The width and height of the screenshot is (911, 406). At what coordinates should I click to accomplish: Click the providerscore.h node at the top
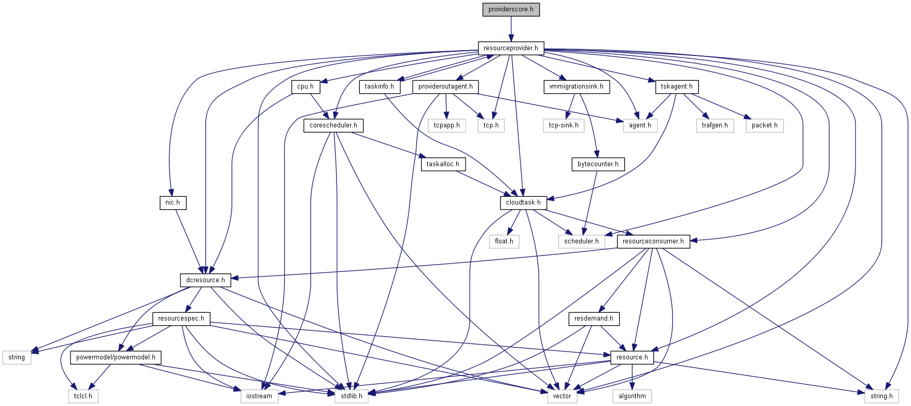click(x=511, y=9)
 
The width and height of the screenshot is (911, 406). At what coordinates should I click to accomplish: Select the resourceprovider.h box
click(x=511, y=48)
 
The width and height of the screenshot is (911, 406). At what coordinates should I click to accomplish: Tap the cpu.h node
click(x=305, y=86)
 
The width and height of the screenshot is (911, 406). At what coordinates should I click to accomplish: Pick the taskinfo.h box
click(x=379, y=86)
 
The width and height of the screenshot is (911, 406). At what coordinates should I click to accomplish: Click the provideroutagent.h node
click(x=445, y=86)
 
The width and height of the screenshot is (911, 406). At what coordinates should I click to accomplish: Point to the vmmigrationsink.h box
click(x=576, y=86)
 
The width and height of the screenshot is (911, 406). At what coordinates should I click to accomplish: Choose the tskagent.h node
click(x=677, y=86)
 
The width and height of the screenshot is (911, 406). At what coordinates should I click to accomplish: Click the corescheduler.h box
click(x=333, y=125)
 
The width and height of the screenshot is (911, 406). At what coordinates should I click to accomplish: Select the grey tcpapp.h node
click(x=447, y=125)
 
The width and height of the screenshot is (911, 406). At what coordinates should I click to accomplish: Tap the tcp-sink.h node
click(x=564, y=125)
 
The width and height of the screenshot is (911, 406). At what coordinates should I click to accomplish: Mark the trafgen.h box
click(x=714, y=125)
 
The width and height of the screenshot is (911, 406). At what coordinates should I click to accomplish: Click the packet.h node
click(x=764, y=125)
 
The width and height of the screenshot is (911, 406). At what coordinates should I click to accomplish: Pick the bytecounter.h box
click(x=598, y=164)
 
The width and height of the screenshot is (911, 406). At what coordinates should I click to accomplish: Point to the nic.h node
click(x=173, y=202)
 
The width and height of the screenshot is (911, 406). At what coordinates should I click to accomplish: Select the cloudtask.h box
click(x=523, y=202)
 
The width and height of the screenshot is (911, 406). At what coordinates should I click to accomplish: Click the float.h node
click(x=504, y=241)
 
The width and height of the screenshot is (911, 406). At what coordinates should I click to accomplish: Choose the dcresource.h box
click(x=205, y=280)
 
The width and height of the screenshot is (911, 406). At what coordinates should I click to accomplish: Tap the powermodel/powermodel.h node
click(x=116, y=357)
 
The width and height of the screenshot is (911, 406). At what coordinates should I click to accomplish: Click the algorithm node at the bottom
click(x=632, y=396)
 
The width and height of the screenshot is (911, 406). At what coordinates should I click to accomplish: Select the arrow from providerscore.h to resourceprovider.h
click(x=511, y=29)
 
